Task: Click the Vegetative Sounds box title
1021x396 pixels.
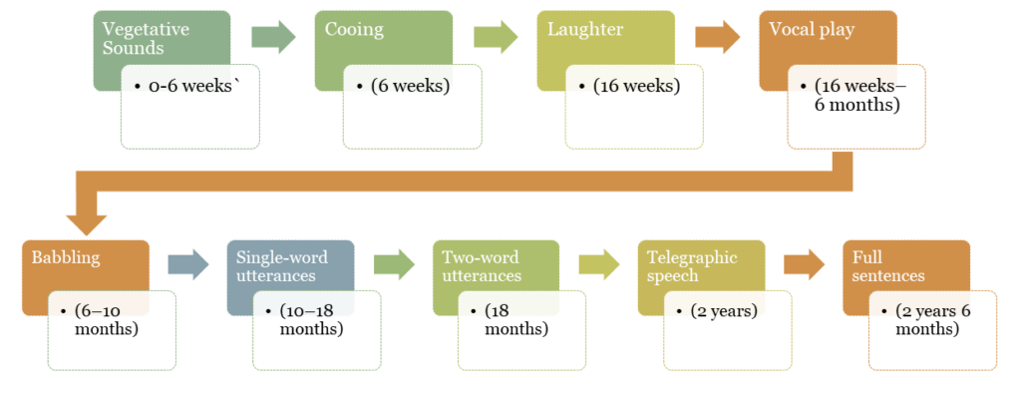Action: tap(146, 38)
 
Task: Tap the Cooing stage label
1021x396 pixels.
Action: tap(354, 29)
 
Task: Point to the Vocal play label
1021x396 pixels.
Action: tap(812, 29)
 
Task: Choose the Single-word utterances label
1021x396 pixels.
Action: tap(281, 266)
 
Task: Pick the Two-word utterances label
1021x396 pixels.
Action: tap(481, 266)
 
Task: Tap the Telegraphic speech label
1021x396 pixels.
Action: tap(692, 266)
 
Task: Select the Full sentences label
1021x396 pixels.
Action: tap(888, 266)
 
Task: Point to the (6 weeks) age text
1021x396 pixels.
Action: tap(410, 86)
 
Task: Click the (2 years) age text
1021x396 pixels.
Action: tap(724, 310)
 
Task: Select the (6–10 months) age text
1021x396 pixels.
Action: tap(105, 319)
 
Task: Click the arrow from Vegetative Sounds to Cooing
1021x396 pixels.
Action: tap(273, 37)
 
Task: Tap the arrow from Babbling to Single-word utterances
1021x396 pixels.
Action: tap(187, 264)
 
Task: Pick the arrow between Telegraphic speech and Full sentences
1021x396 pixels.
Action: tap(804, 264)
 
